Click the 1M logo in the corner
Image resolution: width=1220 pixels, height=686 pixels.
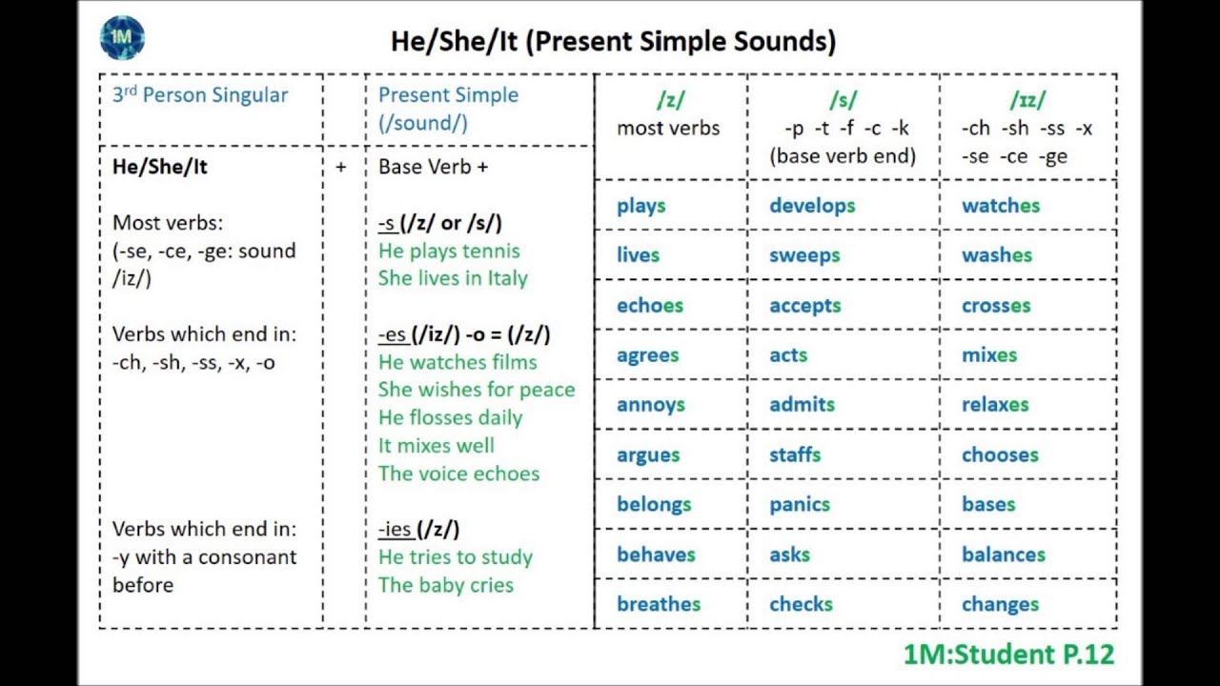[122, 37]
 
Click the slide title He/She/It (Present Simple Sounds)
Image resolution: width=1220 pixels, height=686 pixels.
[613, 41]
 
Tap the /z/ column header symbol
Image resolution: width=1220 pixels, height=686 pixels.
[670, 99]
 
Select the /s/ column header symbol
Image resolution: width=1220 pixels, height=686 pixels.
[843, 99]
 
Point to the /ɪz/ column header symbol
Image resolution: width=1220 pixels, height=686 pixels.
[1027, 99]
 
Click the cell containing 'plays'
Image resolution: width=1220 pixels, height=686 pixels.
[641, 206]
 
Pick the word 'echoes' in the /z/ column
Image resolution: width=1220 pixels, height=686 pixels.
[650, 306]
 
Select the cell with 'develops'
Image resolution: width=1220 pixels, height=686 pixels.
[812, 206]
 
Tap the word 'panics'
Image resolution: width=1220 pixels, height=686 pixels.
[800, 505]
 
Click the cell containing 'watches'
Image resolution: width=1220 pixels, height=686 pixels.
[1001, 206]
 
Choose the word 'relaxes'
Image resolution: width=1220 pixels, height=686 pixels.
[995, 405]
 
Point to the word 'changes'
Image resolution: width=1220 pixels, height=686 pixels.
[1000, 605]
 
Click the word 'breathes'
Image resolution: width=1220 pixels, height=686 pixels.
[659, 604]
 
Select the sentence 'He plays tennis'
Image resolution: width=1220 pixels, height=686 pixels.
[449, 252]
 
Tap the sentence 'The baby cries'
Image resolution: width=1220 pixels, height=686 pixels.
[446, 585]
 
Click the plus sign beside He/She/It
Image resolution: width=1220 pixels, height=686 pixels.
[341, 167]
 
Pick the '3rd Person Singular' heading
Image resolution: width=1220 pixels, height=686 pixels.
[200, 95]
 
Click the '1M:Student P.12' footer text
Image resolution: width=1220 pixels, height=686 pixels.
[1008, 655]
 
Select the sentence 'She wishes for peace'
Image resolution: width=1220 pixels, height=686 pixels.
[477, 390]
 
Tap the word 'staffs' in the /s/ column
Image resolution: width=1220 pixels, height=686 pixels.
[795, 455]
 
